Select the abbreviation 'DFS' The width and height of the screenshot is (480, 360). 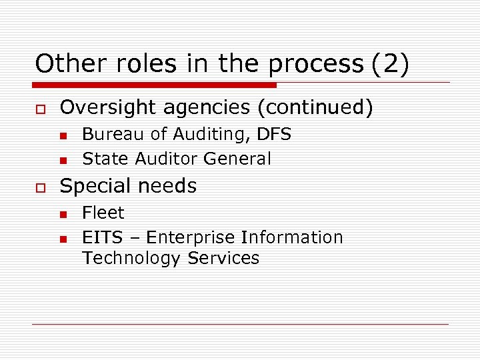pos(273,134)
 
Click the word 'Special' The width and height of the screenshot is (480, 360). pos(93,186)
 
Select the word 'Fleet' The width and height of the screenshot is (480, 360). pos(103,213)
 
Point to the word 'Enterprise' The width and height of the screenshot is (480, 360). pos(191,238)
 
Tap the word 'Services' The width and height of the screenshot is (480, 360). pos(223,258)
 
